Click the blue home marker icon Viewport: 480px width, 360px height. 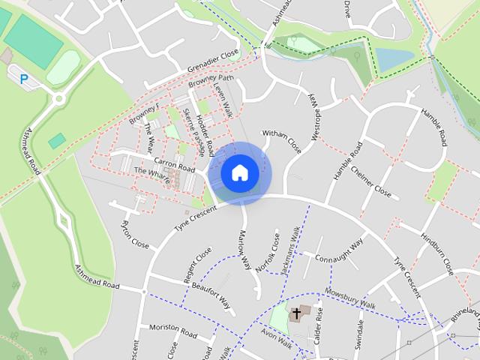click(x=240, y=172)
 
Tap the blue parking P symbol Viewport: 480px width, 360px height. click(x=24, y=78)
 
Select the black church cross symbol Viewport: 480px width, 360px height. click(x=297, y=313)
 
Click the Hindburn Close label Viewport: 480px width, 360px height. click(x=436, y=255)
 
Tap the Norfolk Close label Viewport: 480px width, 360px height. click(x=267, y=251)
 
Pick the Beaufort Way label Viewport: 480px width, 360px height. click(x=210, y=294)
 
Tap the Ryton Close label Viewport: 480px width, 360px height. click(x=135, y=235)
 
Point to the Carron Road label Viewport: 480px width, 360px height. click(x=174, y=162)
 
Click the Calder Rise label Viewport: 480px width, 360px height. click(x=318, y=323)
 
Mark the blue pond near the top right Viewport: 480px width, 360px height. click(x=394, y=59)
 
